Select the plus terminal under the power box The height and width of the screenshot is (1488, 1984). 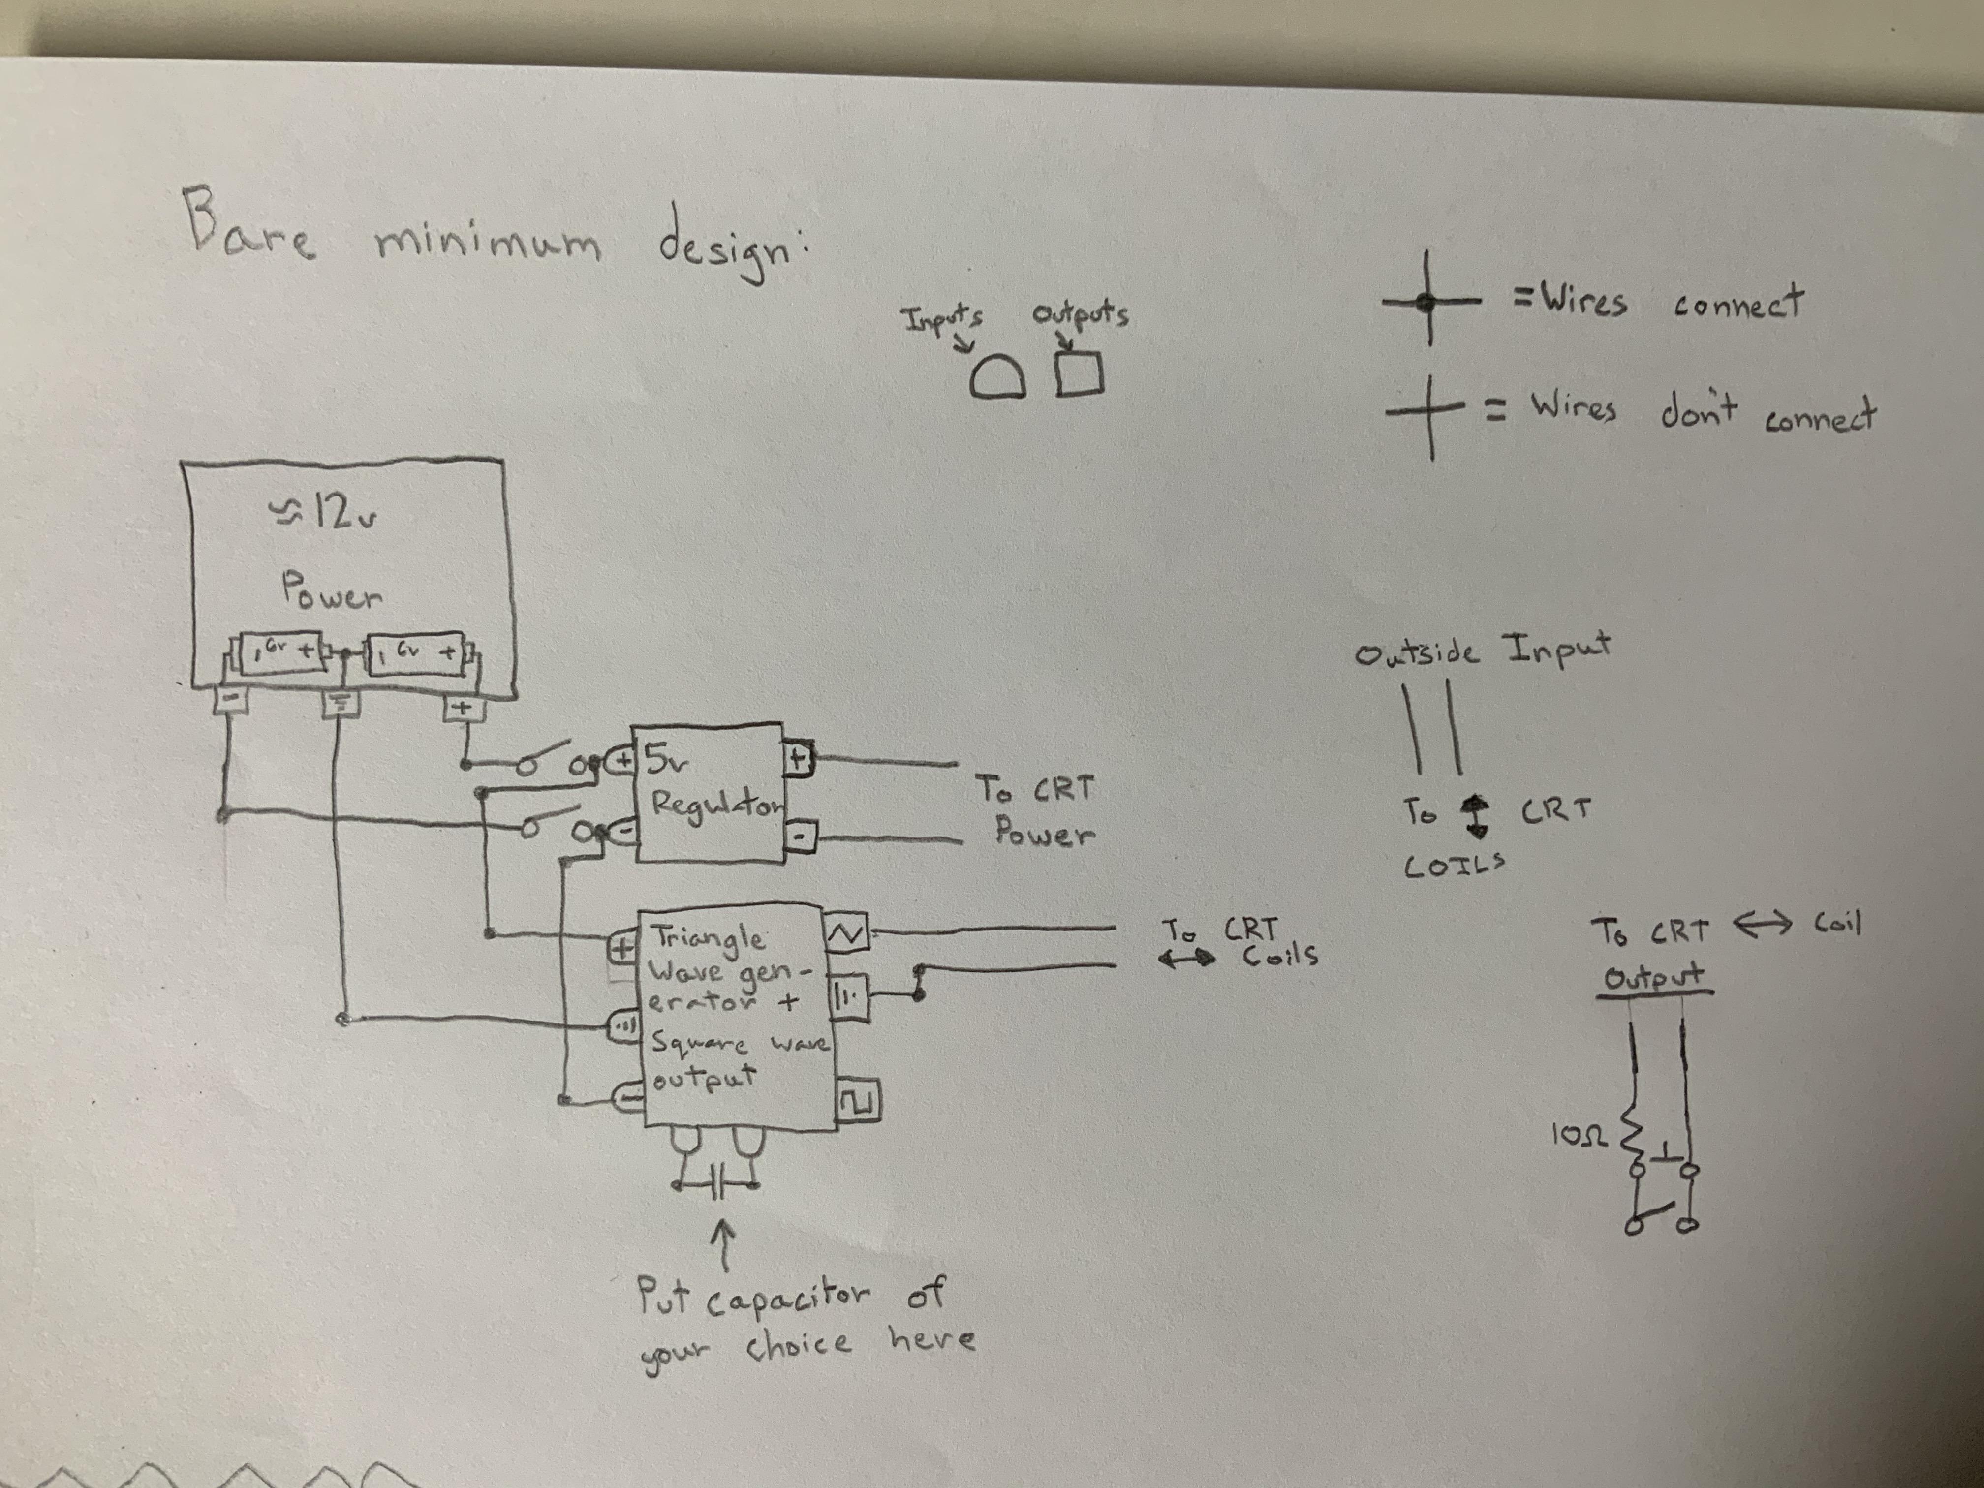pos(464,709)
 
